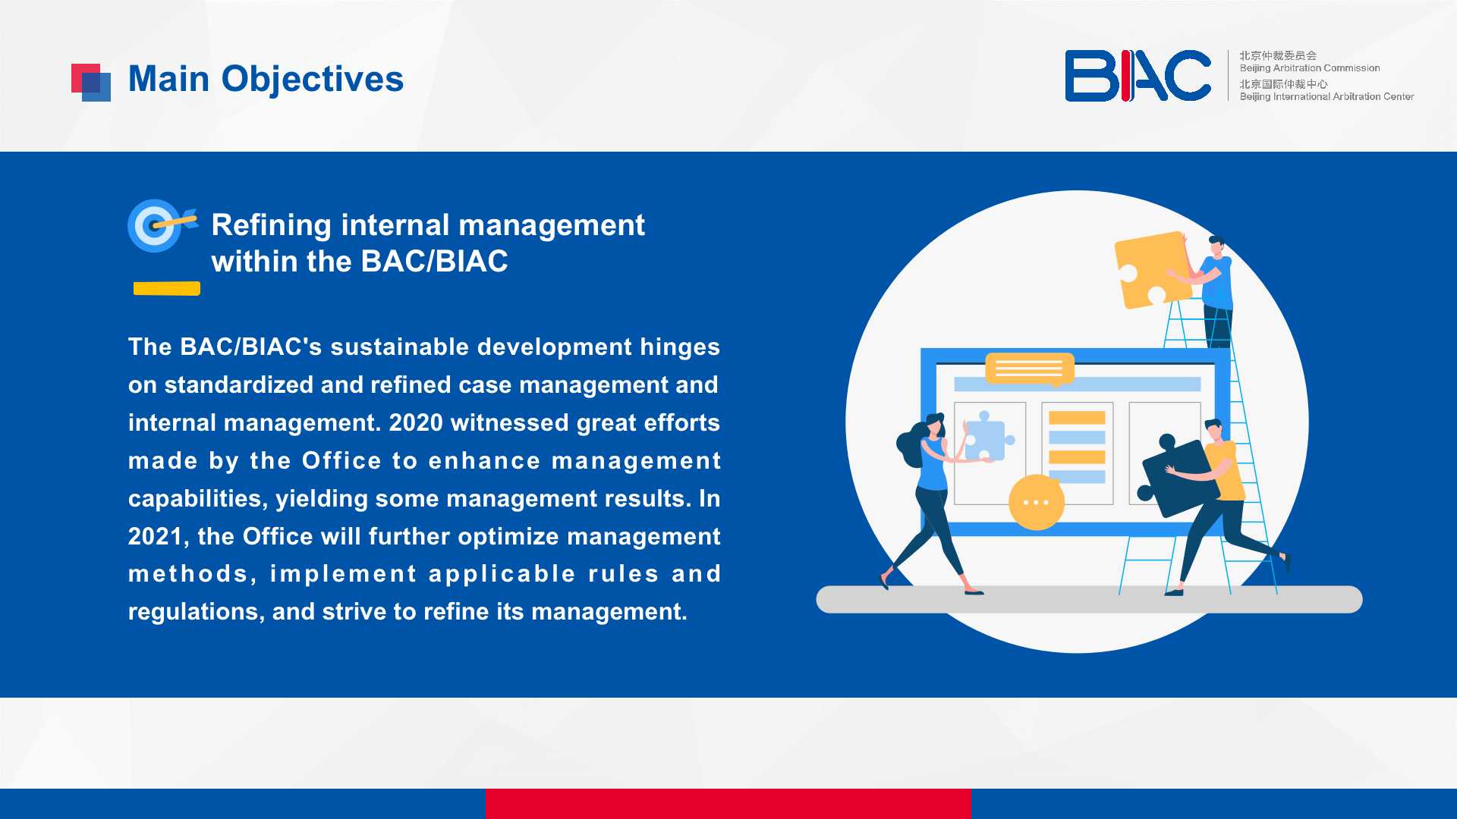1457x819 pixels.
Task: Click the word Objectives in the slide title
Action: pyautogui.click(x=313, y=80)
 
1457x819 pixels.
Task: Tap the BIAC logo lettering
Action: pyautogui.click(x=1138, y=76)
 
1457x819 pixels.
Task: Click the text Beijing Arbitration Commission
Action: pyautogui.click(x=1310, y=68)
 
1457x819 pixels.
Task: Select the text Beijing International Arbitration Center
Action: pyautogui.click(x=1326, y=96)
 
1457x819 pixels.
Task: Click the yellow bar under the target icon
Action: pyautogui.click(x=167, y=288)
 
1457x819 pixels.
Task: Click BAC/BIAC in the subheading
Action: pyautogui.click(x=435, y=262)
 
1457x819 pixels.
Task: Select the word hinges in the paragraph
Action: pyautogui.click(x=680, y=347)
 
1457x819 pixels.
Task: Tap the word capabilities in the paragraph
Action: pyautogui.click(x=197, y=498)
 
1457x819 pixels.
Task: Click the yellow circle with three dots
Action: pyautogui.click(x=1036, y=502)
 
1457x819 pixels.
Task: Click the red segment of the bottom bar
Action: pyautogui.click(x=728, y=804)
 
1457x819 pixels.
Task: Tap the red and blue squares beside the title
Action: pyautogui.click(x=91, y=83)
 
